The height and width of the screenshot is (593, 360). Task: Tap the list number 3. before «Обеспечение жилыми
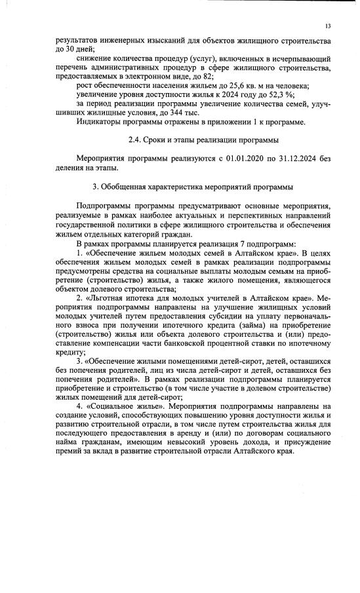click(x=80, y=360)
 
